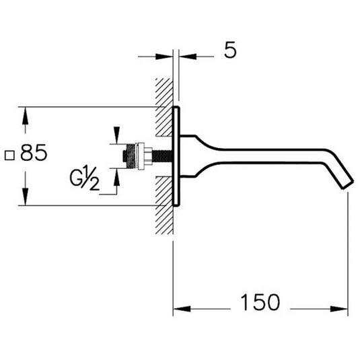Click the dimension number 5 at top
231,51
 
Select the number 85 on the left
34,154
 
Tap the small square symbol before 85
11,155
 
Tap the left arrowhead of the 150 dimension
178,310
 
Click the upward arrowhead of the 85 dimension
26,112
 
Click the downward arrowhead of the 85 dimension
26,200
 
